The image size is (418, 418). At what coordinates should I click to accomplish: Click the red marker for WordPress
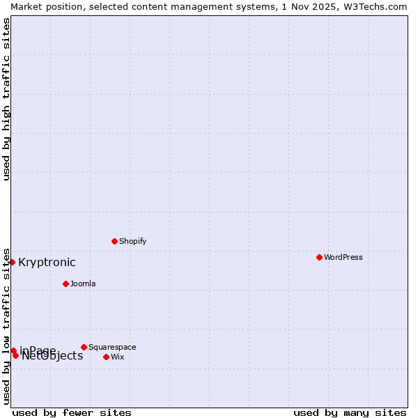pos(319,257)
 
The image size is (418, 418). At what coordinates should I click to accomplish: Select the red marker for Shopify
pos(114,241)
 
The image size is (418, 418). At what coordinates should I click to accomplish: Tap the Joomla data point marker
pos(65,284)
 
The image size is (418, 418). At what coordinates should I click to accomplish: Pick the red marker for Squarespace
pos(84,347)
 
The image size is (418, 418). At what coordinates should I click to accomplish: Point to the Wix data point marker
pos(106,357)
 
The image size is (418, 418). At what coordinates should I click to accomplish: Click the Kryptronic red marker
pos(12,262)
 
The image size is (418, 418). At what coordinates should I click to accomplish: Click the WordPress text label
pos(343,257)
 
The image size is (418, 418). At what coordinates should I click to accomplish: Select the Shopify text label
pos(132,241)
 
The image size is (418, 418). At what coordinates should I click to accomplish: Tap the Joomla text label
pos(83,284)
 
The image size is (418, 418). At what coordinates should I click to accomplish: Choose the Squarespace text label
pos(112,347)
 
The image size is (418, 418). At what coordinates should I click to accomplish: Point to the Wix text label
pos(117,357)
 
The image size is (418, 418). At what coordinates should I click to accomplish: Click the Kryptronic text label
pos(47,263)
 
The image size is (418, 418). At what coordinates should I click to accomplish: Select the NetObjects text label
pos(53,357)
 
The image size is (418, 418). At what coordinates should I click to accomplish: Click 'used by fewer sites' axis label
pos(72,412)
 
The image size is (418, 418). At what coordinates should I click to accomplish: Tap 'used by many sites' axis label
pos(350,412)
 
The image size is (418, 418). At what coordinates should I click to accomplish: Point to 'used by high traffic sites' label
pos(6,99)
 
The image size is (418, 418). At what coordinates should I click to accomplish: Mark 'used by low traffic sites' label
pos(6,325)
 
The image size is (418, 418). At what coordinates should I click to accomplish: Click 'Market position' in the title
pos(44,6)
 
